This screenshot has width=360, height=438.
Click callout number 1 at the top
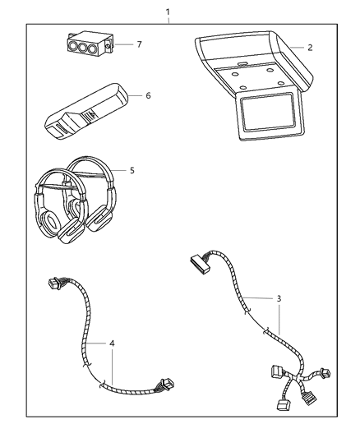click(168, 12)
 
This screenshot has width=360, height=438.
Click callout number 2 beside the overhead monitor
click(309, 48)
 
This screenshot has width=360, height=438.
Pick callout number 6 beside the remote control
click(148, 95)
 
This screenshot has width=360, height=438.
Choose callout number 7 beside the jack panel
click(140, 43)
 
